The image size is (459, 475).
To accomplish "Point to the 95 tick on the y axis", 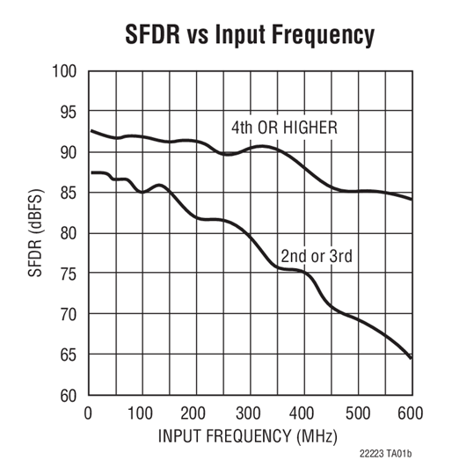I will [69, 112].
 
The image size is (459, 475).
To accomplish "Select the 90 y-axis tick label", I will [69, 152].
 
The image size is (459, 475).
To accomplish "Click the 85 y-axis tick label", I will [69, 193].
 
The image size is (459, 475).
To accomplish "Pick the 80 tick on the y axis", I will [69, 233].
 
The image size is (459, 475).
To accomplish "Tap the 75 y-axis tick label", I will [69, 274].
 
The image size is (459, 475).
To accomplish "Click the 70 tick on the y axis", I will [69, 314].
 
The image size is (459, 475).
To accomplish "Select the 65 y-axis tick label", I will [69, 354].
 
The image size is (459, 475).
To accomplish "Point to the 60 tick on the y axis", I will [69, 395].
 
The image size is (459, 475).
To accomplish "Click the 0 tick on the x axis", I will [88, 413].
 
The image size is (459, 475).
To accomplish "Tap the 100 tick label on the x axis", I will [142, 413].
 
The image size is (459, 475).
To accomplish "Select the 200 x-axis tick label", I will [195, 413].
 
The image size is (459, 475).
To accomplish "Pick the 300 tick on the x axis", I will [250, 413].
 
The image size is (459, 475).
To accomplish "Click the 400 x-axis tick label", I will [303, 413].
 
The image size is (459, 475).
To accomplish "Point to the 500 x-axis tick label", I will [357, 413].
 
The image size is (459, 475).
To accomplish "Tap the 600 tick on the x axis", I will [411, 413].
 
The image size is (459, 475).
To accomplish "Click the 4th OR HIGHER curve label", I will [284, 128].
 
